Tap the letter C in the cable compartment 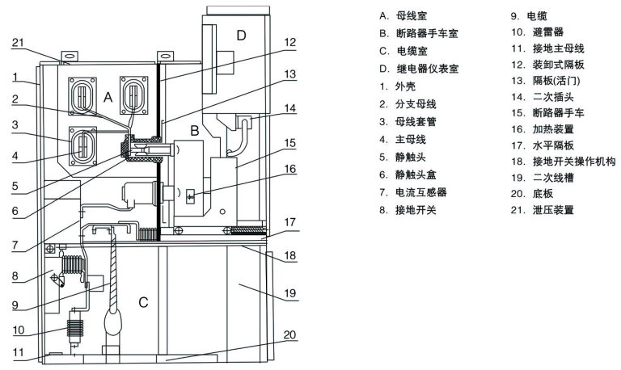pyautogui.click(x=142, y=303)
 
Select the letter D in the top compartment pyautogui.click(x=240, y=34)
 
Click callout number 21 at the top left pyautogui.click(x=17, y=43)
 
